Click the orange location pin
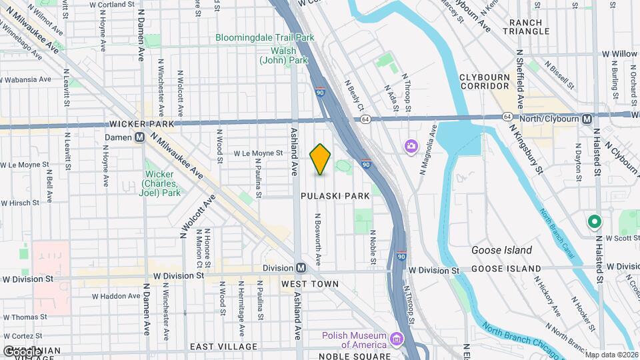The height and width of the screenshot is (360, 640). click(x=321, y=159)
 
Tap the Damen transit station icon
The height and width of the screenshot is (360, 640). click(x=141, y=137)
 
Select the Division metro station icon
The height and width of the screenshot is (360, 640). click(x=301, y=268)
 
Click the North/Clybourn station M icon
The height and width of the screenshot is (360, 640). click(x=587, y=119)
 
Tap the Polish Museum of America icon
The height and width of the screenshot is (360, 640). click(x=397, y=339)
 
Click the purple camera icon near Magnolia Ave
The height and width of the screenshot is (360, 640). click(x=411, y=145)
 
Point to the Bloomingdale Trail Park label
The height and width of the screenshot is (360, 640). click(x=265, y=37)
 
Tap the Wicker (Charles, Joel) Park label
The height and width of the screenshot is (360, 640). click(x=163, y=183)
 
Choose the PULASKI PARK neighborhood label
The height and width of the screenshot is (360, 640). click(x=325, y=196)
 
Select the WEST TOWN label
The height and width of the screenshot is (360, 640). click(x=309, y=284)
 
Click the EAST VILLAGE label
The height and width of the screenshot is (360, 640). click(x=223, y=347)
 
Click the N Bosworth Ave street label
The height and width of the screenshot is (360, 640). click(x=319, y=238)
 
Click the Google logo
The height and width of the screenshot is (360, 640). click(x=23, y=351)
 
